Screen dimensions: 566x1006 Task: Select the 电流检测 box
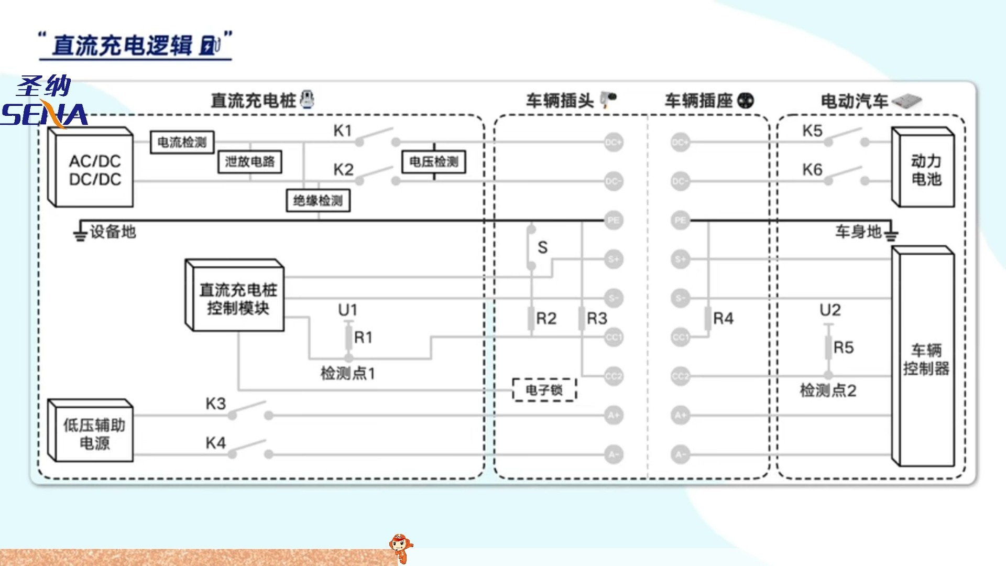point(182,142)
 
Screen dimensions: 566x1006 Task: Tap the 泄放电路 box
point(250,161)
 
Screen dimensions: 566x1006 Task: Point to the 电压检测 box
point(434,161)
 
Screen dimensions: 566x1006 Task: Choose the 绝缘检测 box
point(318,200)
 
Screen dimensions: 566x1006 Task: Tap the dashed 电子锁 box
point(544,390)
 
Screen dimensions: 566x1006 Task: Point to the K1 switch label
point(343,130)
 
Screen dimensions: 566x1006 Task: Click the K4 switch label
point(215,443)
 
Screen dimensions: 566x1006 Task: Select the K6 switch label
point(812,170)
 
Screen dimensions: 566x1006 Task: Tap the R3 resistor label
point(597,318)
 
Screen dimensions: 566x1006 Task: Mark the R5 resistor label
point(844,347)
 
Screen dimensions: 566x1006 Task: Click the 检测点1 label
point(348,373)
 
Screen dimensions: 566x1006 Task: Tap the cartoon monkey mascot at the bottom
point(400,548)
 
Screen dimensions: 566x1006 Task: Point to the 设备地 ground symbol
point(80,232)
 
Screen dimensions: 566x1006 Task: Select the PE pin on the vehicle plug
point(613,220)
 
